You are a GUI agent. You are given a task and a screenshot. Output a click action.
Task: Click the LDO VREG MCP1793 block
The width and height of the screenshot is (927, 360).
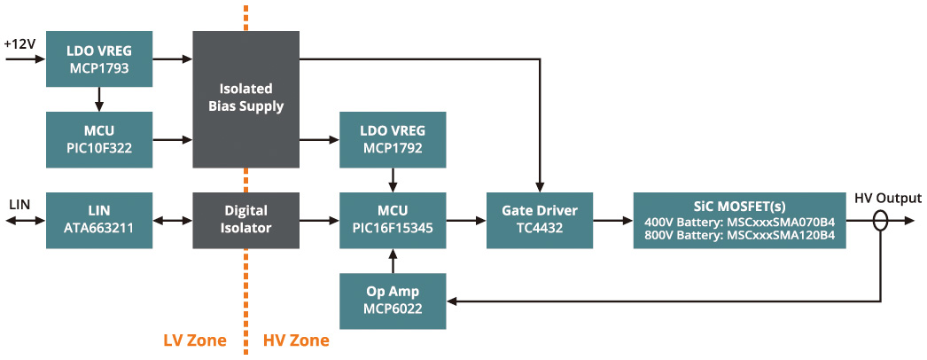click(99, 59)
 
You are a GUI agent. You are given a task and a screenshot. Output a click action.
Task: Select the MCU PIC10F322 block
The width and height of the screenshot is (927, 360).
click(99, 139)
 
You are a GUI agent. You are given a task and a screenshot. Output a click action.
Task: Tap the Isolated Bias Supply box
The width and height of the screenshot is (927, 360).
click(245, 98)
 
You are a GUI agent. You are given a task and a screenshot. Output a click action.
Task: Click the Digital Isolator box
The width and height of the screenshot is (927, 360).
click(245, 220)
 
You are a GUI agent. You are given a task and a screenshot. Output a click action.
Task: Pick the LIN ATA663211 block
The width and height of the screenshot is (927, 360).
click(99, 220)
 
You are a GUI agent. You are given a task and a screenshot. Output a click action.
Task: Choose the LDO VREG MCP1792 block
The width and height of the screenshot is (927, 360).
click(392, 139)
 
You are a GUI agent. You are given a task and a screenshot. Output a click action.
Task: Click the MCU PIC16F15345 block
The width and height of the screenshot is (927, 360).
click(392, 220)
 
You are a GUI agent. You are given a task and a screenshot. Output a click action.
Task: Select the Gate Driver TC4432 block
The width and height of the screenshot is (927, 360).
click(540, 220)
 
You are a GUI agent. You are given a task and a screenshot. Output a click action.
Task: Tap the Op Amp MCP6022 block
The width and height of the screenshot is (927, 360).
click(392, 301)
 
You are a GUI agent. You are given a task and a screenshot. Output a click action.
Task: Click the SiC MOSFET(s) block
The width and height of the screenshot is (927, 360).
click(740, 220)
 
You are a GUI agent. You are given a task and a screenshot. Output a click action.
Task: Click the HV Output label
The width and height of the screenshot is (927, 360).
click(886, 198)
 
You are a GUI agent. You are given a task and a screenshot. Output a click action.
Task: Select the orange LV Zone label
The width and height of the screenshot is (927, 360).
click(195, 340)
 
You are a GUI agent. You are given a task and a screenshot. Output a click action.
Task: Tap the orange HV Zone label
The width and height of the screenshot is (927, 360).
click(296, 340)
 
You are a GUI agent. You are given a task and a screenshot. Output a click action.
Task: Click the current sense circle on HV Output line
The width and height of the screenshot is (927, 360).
click(879, 220)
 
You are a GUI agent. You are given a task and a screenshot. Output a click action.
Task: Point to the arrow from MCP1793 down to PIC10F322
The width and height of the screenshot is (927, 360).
click(99, 98)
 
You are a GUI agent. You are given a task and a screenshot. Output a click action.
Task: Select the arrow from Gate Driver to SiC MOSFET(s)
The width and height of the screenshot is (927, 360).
click(612, 220)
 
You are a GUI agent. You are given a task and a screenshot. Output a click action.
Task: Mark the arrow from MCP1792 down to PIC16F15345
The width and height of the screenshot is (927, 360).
click(392, 180)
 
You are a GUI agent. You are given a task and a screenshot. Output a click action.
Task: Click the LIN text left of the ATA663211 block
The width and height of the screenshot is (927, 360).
click(19, 204)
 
